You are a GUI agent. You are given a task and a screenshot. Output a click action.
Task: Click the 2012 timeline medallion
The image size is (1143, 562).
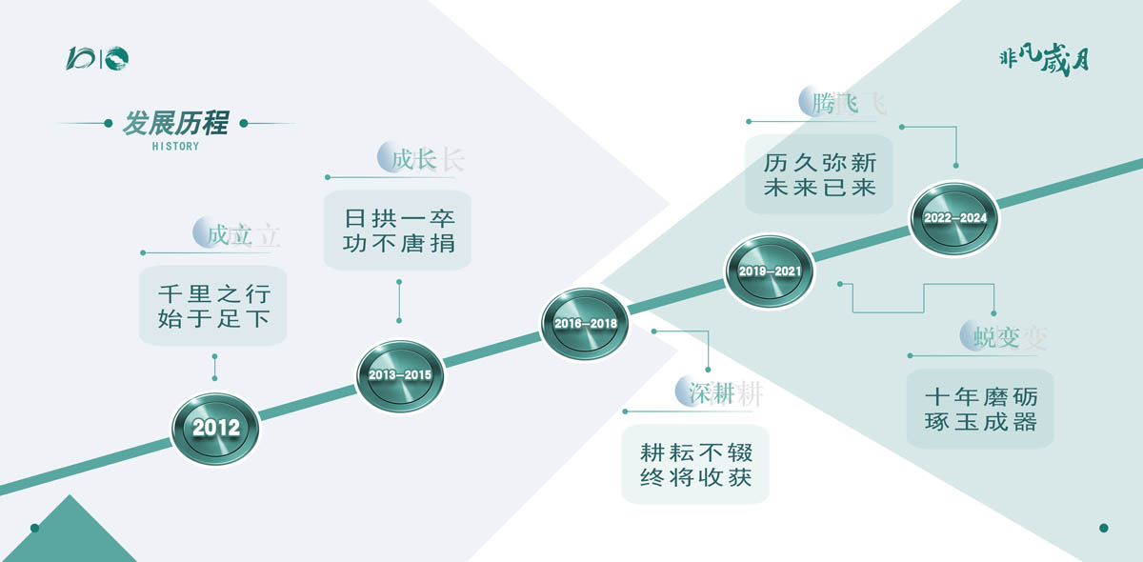(215, 429)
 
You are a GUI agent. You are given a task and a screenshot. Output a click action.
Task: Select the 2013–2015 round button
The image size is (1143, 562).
(400, 375)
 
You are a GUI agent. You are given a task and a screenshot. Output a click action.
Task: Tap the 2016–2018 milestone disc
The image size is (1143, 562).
(585, 324)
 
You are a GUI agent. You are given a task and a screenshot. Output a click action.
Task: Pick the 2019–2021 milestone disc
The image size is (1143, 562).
(770, 271)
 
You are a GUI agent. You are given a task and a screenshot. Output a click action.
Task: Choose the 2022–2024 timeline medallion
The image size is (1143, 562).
(954, 218)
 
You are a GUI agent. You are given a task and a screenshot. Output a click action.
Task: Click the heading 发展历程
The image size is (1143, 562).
(175, 123)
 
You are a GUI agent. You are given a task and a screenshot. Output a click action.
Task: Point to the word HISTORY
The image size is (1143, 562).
(175, 147)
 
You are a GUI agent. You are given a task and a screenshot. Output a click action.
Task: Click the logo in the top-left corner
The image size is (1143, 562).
(97, 58)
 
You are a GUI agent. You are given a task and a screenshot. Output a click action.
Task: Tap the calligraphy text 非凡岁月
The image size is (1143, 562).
(1044, 61)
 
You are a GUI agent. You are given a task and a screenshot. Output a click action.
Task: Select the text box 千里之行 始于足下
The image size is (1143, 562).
(212, 306)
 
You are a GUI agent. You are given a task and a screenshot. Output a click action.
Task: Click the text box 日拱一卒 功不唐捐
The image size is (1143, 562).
(397, 231)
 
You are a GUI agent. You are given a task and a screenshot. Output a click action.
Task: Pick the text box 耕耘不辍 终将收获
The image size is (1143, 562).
(695, 465)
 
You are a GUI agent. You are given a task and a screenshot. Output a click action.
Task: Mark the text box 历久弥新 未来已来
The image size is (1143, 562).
(819, 174)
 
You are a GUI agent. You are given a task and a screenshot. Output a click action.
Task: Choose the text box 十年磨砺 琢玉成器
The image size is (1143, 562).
(980, 409)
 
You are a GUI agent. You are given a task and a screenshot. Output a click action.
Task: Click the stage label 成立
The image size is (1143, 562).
(229, 235)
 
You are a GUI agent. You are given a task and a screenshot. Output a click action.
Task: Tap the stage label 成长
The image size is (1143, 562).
(413, 159)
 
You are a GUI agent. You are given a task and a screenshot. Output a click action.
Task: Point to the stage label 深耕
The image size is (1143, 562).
(712, 393)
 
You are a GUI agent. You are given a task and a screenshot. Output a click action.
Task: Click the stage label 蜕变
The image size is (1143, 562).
(996, 337)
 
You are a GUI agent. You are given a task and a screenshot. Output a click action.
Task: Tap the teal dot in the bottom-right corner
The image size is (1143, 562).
(1104, 528)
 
